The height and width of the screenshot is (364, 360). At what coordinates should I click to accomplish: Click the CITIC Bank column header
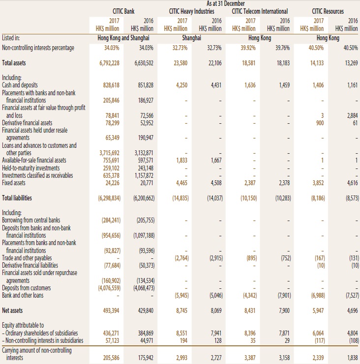point(123,11)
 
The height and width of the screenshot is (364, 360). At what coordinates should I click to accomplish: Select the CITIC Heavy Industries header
point(191,11)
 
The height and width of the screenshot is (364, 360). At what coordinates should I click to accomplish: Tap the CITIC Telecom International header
point(260,11)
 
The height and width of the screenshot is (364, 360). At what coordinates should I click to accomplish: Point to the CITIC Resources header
point(328,11)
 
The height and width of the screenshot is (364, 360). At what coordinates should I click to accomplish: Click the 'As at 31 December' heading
point(225,3)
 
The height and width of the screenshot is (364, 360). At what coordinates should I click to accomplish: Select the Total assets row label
point(14,63)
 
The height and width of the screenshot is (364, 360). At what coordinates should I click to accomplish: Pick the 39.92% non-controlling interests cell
point(248,48)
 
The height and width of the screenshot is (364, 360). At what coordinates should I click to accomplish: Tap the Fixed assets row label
point(14,183)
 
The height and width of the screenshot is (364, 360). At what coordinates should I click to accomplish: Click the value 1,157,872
point(144,175)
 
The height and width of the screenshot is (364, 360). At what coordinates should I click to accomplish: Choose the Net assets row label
point(12,310)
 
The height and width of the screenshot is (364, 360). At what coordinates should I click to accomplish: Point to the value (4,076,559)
point(109,288)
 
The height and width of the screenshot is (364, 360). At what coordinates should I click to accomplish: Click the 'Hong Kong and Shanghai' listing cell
point(123,38)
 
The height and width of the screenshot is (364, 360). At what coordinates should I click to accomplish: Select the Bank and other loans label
point(23,295)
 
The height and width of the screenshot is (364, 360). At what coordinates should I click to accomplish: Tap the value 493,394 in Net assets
point(111,310)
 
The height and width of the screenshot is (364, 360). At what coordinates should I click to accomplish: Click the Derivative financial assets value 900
point(320,123)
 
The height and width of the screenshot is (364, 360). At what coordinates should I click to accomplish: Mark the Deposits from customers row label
point(26,288)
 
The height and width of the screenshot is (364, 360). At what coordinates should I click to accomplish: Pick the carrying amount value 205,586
point(111,358)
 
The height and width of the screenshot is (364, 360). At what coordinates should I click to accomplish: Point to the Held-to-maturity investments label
point(30,168)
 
